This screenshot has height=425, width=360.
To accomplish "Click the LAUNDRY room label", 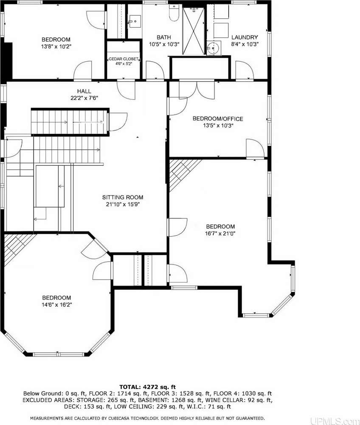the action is point(245,37).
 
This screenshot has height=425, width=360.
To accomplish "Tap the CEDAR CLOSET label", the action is point(124,59).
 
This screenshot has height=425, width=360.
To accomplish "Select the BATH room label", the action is point(164,37).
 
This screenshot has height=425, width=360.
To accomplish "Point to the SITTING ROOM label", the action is point(123,197).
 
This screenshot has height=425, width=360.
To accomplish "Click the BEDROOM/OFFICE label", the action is point(218,119).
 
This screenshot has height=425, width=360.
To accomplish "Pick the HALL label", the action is point(84,91).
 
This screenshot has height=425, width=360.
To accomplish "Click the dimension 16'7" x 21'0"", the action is point(220,233).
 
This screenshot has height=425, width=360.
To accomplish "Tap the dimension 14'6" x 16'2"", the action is point(56,305).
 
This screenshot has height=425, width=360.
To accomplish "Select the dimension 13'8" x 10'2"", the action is point(56,46).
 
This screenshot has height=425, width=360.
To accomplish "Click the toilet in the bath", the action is point(174,13).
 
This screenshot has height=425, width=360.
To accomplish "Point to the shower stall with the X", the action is point(193,31).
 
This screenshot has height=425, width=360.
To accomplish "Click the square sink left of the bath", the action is point(135,21).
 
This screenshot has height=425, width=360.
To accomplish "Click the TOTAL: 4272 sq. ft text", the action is point(147,387).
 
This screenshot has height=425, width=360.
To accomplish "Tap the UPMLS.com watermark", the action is point(335,421).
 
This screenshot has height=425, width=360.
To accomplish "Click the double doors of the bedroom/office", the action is point(197,90).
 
